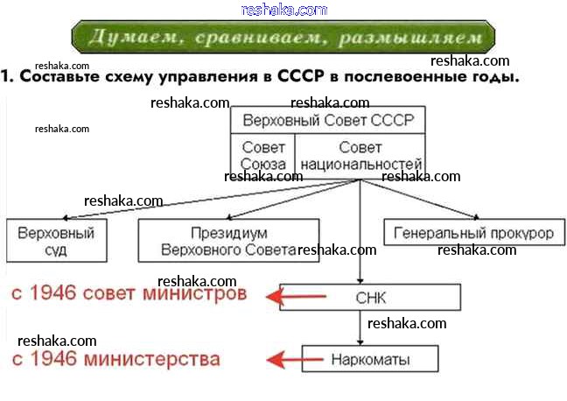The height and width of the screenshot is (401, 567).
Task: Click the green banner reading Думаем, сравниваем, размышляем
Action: tap(283, 39)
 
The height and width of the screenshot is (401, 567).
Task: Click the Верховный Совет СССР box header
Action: tap(328, 120)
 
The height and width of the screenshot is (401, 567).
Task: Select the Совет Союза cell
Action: tap(263, 156)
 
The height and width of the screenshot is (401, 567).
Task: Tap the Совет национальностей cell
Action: tap(360, 156)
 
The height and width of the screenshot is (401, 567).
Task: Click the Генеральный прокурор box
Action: tap(473, 235)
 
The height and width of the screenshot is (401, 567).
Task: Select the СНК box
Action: tap(370, 298)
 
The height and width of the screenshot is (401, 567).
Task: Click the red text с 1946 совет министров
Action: tap(129, 294)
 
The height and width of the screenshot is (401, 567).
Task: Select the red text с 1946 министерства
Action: tap(115, 359)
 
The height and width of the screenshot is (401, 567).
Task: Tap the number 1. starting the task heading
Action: tap(8, 76)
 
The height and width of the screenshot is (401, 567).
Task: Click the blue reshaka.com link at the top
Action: tap(283, 10)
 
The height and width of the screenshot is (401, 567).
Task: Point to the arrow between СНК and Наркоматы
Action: tap(361, 327)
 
